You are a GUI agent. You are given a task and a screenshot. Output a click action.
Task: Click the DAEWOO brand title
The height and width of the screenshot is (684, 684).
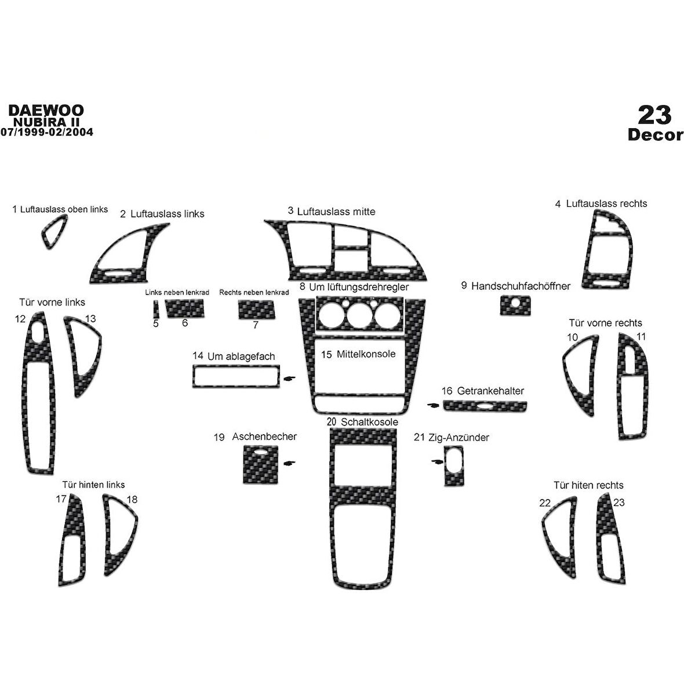coord(46,110)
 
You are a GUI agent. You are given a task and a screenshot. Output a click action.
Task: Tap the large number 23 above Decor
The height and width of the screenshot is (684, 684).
coord(655,115)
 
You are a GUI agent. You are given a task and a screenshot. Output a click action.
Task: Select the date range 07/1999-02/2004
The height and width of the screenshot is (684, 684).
coord(46,132)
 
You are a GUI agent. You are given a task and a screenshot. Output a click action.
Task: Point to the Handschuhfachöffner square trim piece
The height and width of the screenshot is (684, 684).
coord(515,305)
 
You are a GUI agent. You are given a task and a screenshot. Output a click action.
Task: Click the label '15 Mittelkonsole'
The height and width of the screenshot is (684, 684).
coord(358,354)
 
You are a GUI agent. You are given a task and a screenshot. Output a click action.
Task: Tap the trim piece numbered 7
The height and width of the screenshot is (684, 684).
coord(256,309)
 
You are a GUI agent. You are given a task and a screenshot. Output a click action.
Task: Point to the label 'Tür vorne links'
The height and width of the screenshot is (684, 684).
coord(52,302)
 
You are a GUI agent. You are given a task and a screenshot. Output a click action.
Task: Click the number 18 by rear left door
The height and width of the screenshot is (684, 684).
coord(132,499)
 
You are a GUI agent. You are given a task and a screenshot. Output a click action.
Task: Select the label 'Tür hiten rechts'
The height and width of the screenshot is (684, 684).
coord(588,485)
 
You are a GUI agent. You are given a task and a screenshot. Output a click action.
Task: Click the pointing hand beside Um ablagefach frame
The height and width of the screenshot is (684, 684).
coord(289,379)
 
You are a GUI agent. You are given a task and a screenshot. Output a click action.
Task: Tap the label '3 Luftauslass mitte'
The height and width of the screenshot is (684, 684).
coord(332,212)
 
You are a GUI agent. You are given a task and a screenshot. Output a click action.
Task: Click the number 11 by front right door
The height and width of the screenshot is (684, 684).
coord(641,336)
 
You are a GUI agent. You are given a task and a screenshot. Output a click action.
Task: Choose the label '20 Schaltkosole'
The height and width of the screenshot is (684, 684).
coord(362,422)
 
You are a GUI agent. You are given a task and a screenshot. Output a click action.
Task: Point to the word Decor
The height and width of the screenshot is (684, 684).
coord(655,135)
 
